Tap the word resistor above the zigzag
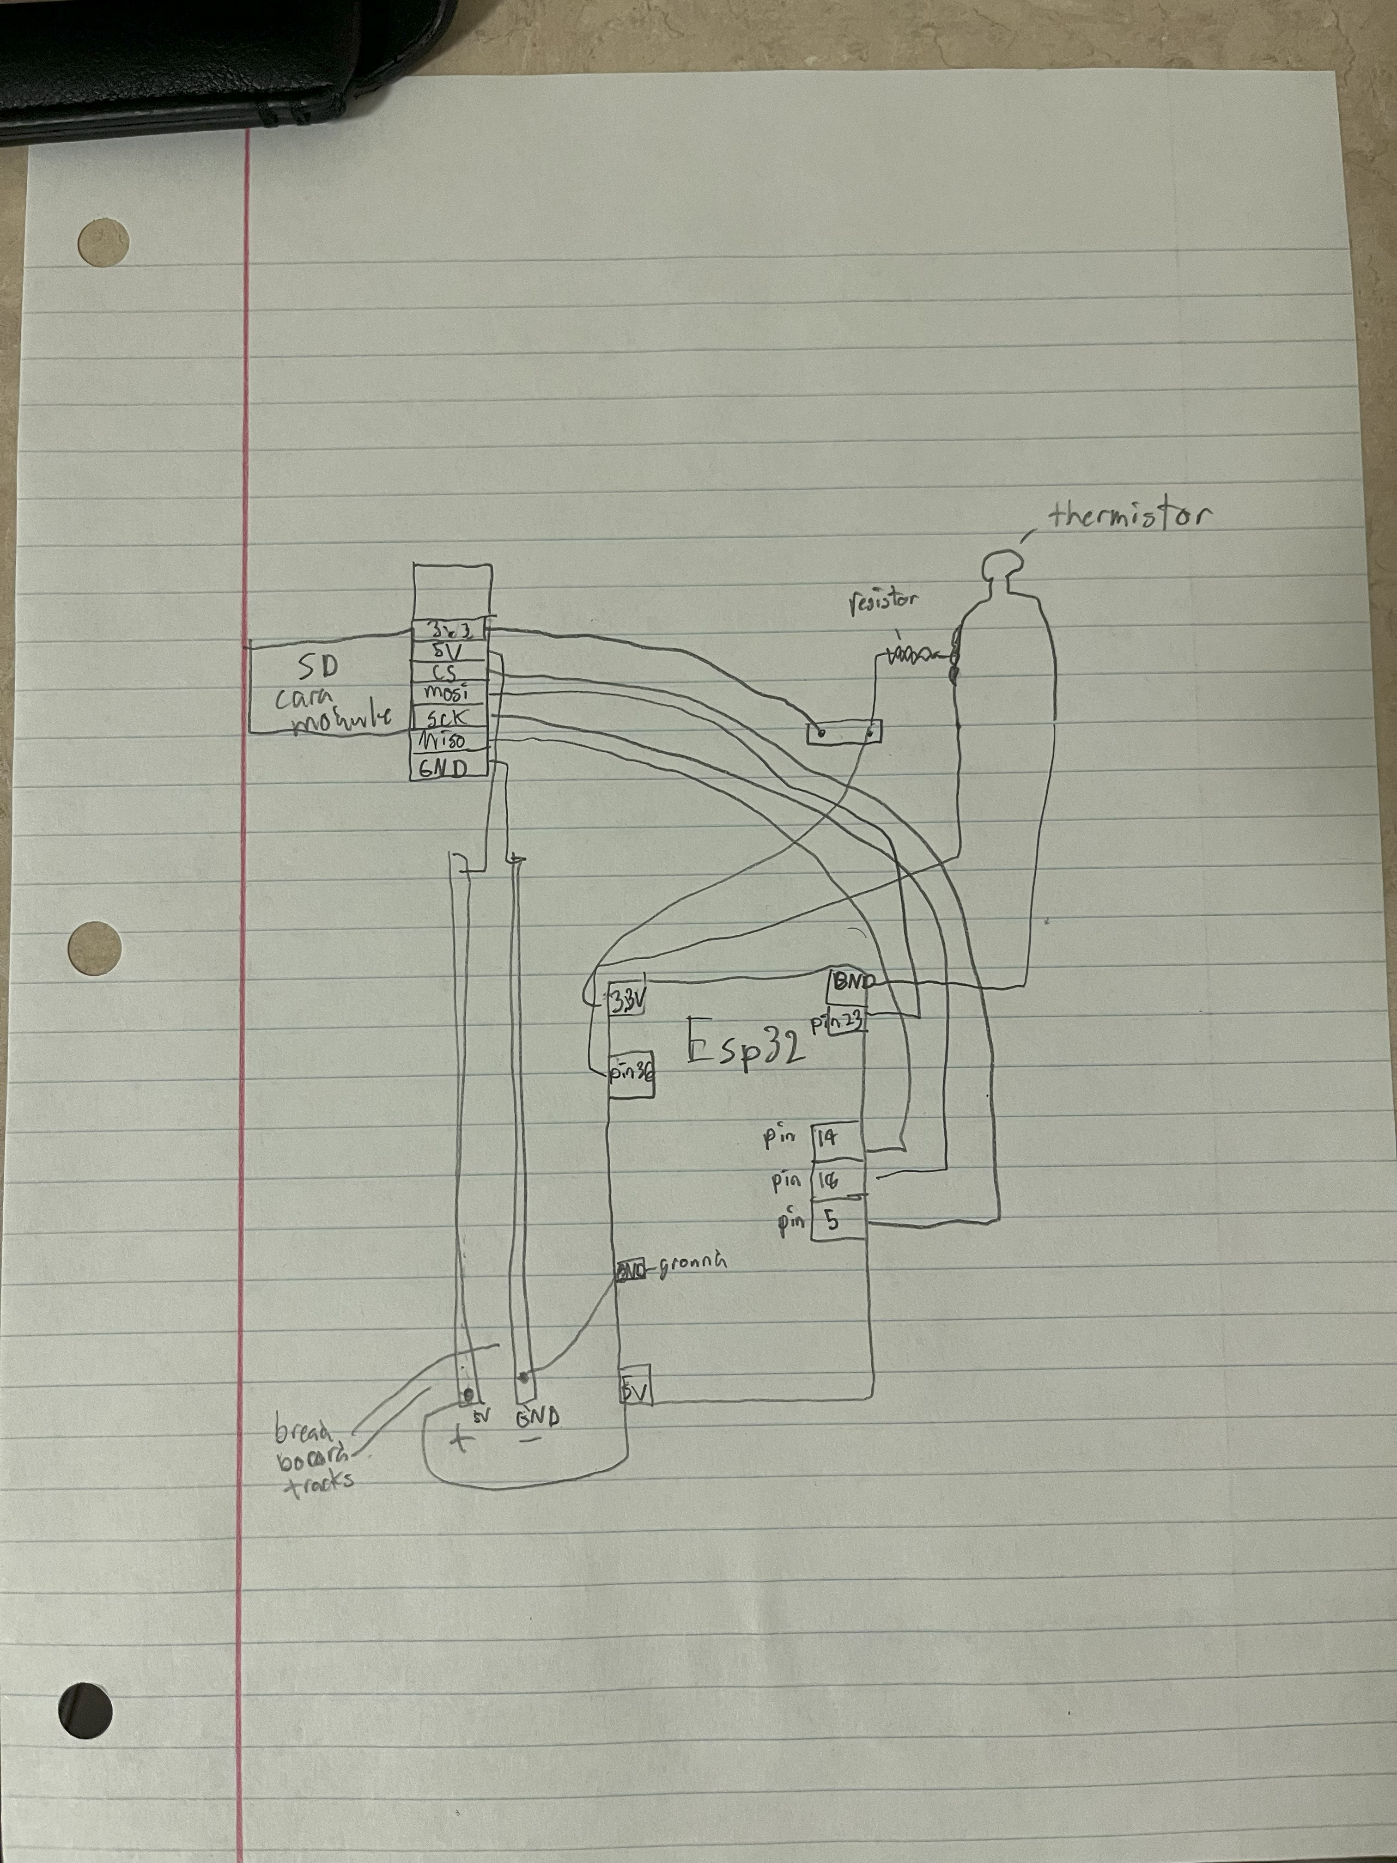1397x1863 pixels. point(882,601)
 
